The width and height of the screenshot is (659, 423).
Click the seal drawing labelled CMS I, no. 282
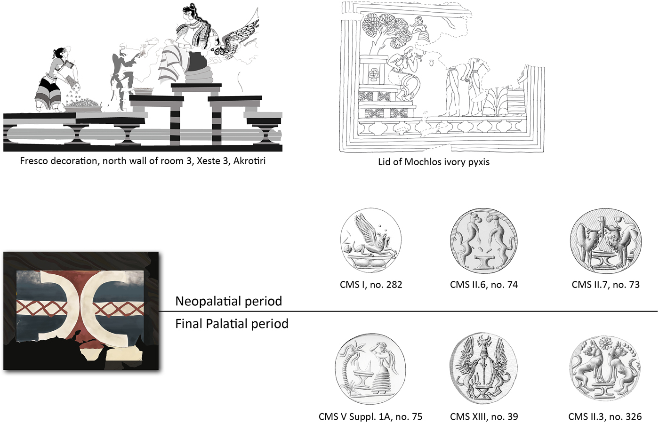coord(371,240)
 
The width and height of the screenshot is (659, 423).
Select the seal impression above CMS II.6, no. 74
coord(484,241)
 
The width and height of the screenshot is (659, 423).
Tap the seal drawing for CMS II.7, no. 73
coord(606,241)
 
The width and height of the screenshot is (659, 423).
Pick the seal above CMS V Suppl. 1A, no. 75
coord(370,373)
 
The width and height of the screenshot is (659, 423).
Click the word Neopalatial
coord(206,301)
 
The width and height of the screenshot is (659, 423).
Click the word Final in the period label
coord(188,324)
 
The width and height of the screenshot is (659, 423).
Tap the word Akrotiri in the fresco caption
coord(249,160)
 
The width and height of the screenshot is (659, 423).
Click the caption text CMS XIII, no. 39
coord(484,416)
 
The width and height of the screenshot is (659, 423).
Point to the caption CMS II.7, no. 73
coord(606,285)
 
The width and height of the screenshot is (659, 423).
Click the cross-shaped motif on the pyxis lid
coord(374,75)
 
